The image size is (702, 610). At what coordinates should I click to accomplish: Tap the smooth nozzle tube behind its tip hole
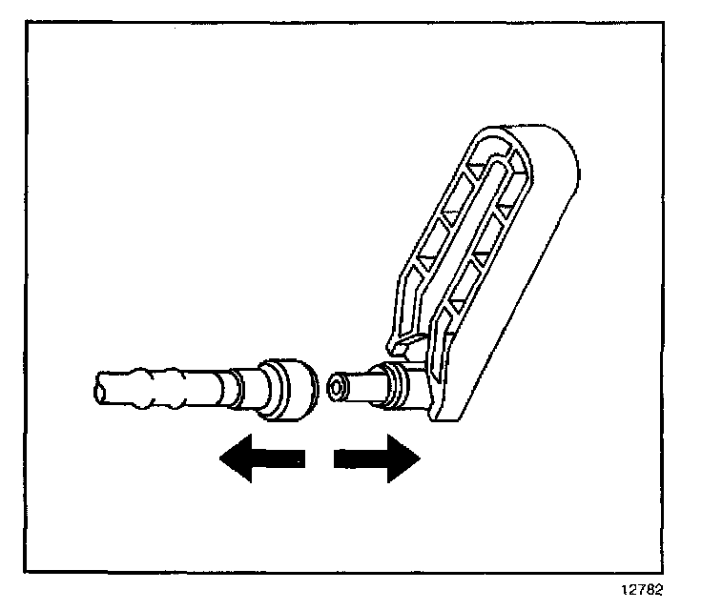pyautogui.click(x=361, y=386)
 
